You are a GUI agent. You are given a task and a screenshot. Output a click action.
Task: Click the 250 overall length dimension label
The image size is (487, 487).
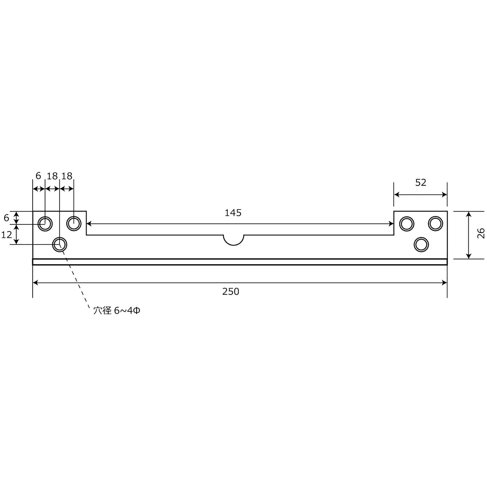231,291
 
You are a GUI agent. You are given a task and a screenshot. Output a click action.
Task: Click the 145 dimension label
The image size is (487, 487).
233,213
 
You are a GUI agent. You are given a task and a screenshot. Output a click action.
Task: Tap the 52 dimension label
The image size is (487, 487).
421,182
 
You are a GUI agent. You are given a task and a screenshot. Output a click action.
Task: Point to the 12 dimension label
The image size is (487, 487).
7,235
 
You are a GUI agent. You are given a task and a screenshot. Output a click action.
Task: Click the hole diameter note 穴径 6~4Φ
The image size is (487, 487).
117,311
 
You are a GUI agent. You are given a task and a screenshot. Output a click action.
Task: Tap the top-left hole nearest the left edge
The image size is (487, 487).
45,224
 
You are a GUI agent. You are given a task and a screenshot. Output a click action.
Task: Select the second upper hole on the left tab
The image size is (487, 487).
74,223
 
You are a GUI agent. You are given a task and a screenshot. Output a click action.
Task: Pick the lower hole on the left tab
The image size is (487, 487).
60,245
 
